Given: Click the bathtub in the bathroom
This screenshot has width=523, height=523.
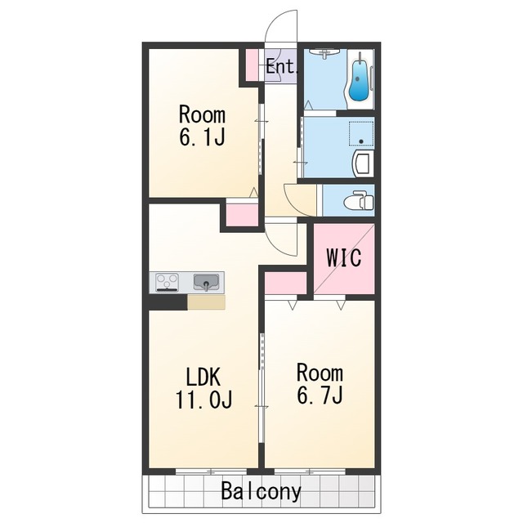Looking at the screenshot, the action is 360,78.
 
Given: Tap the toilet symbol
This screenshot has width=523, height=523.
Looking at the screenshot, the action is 358,200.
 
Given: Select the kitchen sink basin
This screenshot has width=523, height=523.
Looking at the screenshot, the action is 207,282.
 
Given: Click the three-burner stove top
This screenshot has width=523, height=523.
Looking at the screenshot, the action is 167,282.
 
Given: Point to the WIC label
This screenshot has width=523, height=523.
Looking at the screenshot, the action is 343,257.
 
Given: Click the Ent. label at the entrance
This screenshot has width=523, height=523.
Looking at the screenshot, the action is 281,66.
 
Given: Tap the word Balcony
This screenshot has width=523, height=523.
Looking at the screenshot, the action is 261,490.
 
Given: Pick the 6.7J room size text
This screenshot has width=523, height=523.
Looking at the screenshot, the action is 320,396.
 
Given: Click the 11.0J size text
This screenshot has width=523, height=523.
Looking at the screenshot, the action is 203,400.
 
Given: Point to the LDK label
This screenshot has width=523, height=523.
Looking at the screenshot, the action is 203,377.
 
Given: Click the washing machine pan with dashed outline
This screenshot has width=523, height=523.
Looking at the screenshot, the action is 361,133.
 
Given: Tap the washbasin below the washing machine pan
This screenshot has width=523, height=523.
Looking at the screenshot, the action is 364,164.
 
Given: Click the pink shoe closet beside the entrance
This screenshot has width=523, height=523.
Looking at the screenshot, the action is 252,65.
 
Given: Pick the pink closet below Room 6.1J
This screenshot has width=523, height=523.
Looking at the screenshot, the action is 242,215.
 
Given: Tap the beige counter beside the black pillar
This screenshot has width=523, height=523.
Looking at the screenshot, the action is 206,302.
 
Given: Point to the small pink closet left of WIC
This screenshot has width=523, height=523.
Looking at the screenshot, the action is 285,283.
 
